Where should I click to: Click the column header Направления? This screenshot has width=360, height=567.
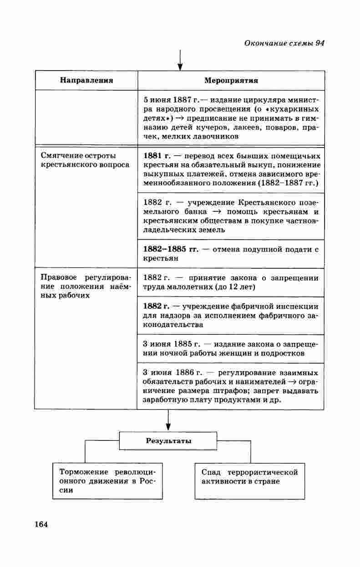coord(86,81)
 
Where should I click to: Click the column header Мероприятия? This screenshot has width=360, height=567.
coord(231,81)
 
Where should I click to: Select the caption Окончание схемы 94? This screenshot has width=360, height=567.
coord(284,43)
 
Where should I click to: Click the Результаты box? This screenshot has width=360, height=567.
coord(168,441)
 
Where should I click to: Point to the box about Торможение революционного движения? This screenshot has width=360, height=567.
coord(107,481)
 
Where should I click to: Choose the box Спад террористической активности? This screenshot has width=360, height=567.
coord(250,477)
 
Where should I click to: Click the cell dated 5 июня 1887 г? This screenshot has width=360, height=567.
coord(231,118)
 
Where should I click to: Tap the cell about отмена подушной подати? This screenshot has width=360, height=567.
coord(231,254)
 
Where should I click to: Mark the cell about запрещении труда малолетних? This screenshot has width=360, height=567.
coord(231,282)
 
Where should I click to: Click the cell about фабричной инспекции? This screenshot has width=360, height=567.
coord(231,316)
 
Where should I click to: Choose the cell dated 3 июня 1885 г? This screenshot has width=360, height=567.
coord(231,348)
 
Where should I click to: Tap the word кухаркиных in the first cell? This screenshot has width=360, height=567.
coord(298,110)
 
